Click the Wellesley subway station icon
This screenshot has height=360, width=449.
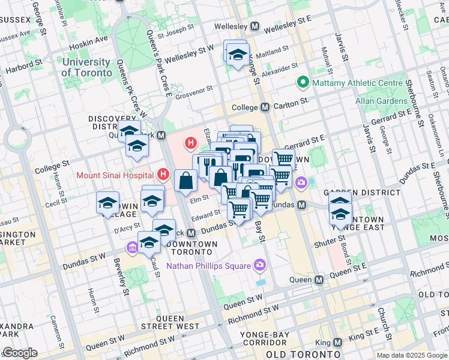click(255, 27)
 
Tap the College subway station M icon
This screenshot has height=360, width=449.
click(265, 107)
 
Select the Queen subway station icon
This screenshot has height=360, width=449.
click(319, 280)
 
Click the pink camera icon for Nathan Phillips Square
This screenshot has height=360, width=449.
click(260, 264)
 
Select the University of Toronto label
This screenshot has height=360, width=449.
click(86, 67)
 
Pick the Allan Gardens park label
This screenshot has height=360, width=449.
click(380, 100)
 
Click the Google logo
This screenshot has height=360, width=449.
click(20, 353)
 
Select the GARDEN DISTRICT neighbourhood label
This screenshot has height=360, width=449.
click(361, 193)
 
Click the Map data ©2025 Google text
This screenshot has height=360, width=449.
click(411, 355)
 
